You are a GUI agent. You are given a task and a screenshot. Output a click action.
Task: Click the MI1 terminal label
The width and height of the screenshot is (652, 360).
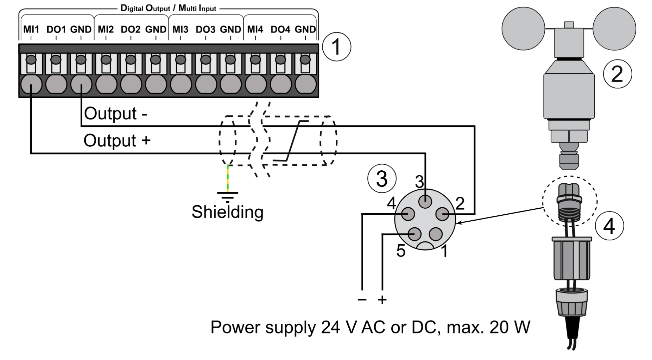[x=31, y=29]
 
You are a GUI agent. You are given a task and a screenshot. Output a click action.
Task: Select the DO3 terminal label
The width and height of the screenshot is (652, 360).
[x=205, y=29]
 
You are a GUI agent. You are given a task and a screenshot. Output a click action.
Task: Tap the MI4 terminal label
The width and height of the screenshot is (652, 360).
[x=255, y=29]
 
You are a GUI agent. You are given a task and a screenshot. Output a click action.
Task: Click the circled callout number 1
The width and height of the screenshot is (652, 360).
[x=337, y=47]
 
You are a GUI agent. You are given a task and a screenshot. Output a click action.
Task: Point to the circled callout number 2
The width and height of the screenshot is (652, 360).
[x=618, y=74]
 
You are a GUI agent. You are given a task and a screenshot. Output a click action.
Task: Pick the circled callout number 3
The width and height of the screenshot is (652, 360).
[x=382, y=178]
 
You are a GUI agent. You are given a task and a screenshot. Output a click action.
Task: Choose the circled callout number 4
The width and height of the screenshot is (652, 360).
[x=609, y=226]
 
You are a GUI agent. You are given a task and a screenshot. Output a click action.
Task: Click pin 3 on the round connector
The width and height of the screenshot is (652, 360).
[x=425, y=202]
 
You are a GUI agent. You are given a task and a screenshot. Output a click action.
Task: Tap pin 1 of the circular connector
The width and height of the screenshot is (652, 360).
[x=436, y=234]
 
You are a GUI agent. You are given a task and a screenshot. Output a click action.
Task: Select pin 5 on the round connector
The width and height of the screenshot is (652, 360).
[x=415, y=234]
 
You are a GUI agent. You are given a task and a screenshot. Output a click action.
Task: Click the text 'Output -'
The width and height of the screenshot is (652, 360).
[x=115, y=114]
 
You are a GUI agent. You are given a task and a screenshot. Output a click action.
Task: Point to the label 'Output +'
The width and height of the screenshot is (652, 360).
[x=117, y=140]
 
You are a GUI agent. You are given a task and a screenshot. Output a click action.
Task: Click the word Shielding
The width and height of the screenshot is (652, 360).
[x=227, y=212]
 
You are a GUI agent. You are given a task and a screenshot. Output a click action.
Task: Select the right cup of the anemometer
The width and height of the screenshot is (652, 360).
[x=614, y=29]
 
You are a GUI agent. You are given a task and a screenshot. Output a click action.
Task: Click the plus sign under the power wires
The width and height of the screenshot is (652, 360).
[x=382, y=300]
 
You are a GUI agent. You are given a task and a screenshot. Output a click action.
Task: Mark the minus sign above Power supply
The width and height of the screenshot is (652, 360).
[x=362, y=300]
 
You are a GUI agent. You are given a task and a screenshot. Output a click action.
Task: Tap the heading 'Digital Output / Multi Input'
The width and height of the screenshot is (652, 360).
[x=168, y=8]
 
